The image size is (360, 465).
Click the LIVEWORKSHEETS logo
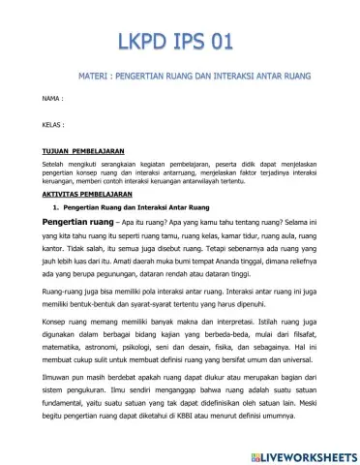(x=300, y=454)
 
